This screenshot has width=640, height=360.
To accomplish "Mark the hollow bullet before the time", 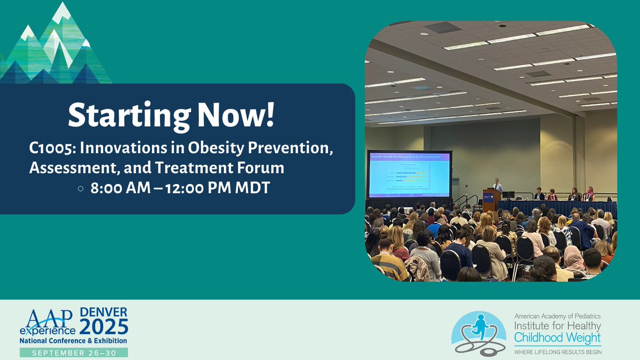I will coord(80,188).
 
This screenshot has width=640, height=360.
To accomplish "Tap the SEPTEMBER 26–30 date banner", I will coord(74,353).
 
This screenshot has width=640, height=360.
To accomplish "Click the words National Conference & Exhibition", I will coord(74,340).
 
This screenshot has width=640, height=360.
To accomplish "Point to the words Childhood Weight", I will coord(557,338).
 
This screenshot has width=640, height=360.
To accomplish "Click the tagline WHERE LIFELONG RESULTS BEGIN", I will coord(557,351).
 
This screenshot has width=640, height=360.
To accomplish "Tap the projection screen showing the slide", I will coord(409,174).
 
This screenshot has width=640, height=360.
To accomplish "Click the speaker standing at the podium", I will coord(497,185).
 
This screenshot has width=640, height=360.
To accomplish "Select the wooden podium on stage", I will coord(491,199).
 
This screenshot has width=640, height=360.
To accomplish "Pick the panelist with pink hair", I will coord(590,193).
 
